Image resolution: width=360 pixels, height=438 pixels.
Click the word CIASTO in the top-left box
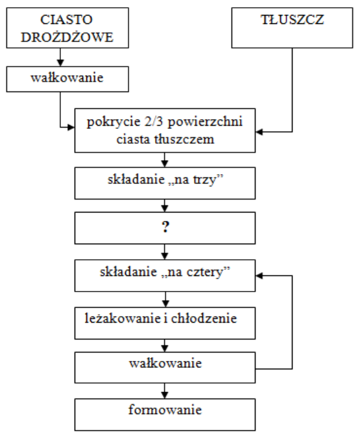tap(67, 19)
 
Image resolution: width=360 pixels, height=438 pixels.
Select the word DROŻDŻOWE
tap(67, 37)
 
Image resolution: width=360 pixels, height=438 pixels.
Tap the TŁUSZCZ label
tap(293, 19)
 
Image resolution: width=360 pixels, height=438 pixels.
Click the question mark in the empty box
tap(165, 227)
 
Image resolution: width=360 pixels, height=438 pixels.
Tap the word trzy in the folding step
tap(205, 180)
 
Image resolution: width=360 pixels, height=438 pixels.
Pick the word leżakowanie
tap(123, 318)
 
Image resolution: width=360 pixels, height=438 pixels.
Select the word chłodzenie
tap(204, 318)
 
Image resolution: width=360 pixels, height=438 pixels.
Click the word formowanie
tap(165, 409)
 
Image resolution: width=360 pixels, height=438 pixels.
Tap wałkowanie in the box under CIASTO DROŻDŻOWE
tap(67, 78)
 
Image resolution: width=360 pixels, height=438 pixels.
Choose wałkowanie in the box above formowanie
tap(165, 363)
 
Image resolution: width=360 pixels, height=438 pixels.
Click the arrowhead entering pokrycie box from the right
tap(259, 132)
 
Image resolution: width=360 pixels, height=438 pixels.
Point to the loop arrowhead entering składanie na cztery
tap(259, 276)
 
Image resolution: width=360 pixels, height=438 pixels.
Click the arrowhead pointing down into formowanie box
tap(165, 395)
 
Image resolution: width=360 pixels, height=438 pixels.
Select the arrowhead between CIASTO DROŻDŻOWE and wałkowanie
tap(60, 63)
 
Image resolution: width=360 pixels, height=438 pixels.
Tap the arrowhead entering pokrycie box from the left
tap(71, 128)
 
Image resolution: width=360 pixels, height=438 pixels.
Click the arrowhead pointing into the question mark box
tap(165, 209)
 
